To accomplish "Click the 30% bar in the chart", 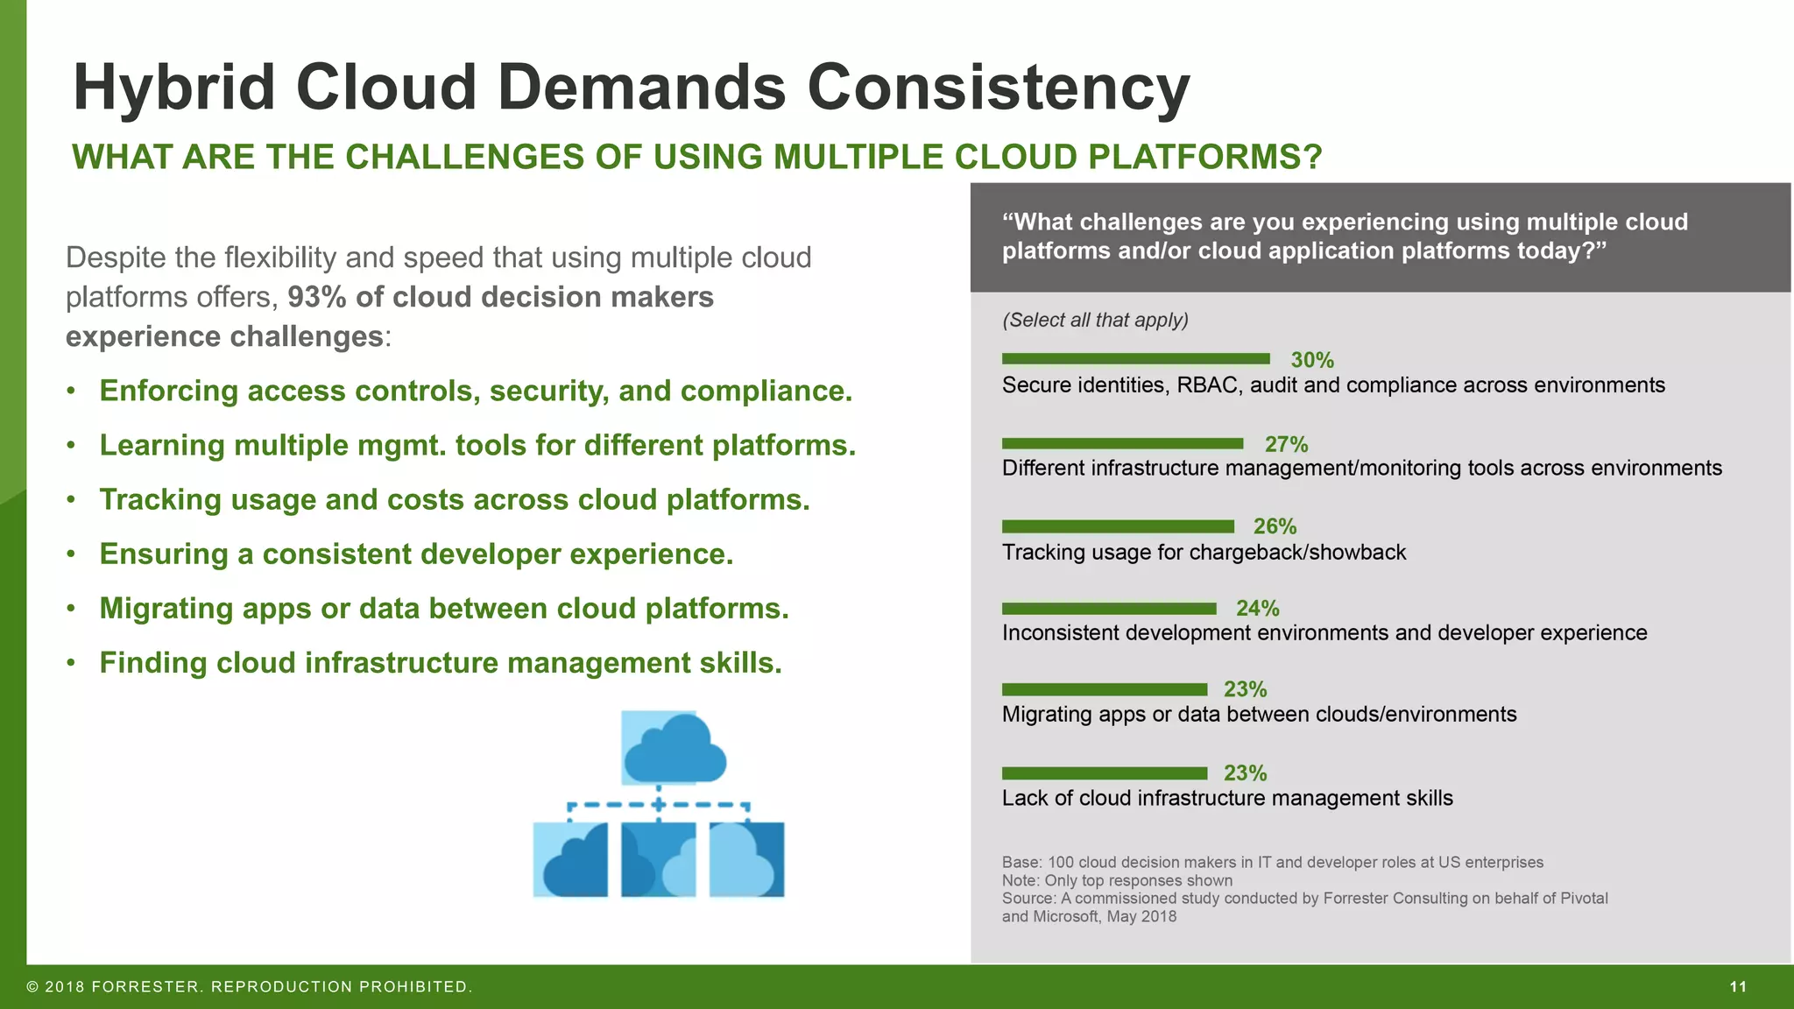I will coord(1135,358).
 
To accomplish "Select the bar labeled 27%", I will coord(1122,443).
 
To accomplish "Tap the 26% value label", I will coord(1275,526).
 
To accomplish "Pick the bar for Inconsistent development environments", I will coord(1109,609).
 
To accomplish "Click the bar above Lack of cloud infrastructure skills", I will coord(1105,773).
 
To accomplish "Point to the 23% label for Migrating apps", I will coord(1245,689).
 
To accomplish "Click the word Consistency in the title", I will coord(998,88).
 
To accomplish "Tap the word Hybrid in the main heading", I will coord(174,88).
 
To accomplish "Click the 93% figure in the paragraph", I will coord(316,297).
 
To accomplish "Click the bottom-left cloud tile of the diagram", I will coord(570,859).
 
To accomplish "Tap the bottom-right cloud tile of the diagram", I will coord(746,859).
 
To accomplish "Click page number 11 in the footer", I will coord(1738,987).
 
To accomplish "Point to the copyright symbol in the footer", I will coord(32,987).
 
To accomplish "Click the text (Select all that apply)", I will coord(1095,320).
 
